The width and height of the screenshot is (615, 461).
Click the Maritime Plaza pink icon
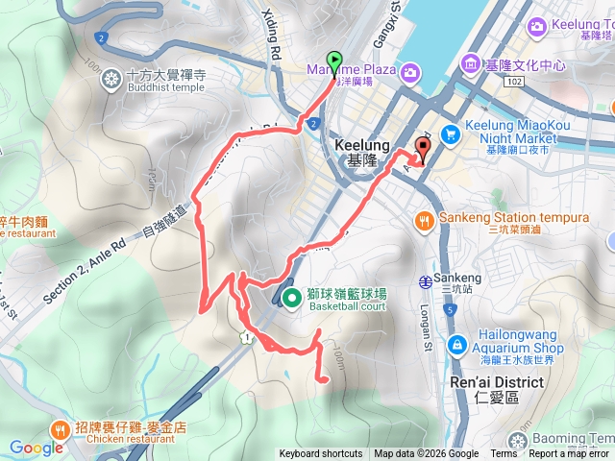point(410,71)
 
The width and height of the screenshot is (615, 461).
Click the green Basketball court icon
point(292,297)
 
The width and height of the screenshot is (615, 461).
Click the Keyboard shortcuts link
point(321,454)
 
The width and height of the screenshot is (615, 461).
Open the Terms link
point(503,454)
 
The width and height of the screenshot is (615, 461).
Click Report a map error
point(569,454)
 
